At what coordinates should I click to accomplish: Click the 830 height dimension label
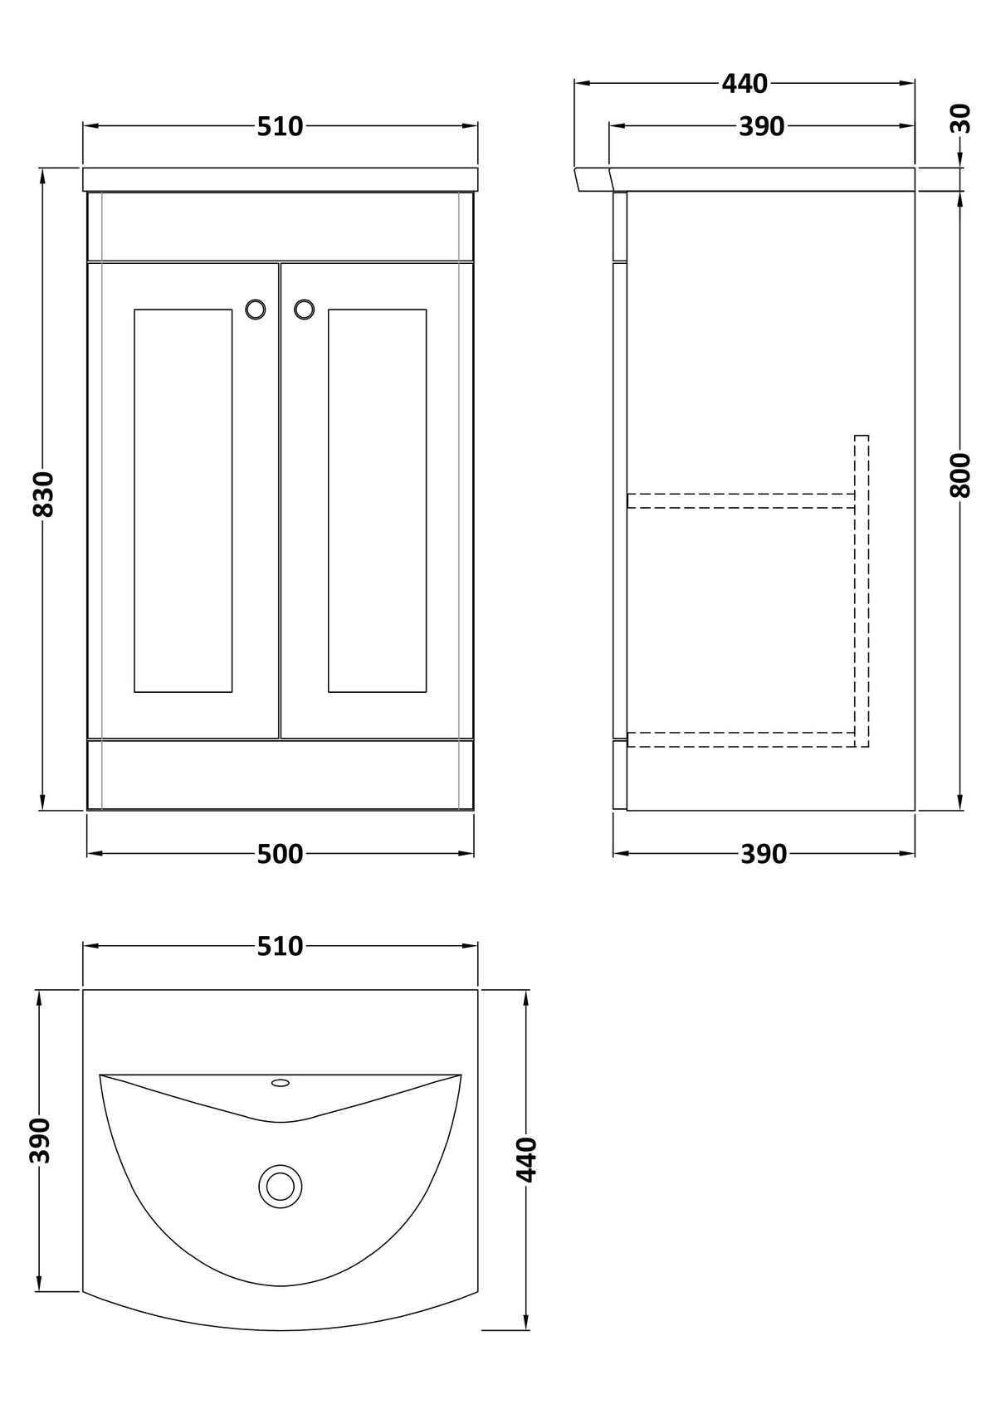click(44, 494)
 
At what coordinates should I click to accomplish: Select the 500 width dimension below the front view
click(280, 854)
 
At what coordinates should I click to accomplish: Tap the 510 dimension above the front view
click(280, 127)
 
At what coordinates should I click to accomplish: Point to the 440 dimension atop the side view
click(745, 84)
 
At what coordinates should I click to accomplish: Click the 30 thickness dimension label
click(961, 119)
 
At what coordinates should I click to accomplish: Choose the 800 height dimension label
click(961, 475)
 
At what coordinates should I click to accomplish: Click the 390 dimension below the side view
click(764, 854)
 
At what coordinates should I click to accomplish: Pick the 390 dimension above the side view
click(762, 127)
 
